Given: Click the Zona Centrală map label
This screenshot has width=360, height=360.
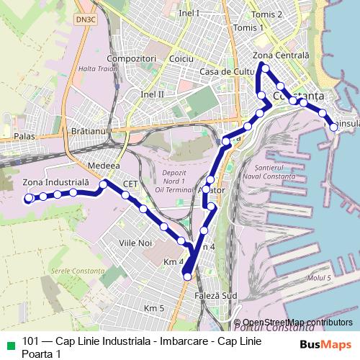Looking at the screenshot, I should (281, 55).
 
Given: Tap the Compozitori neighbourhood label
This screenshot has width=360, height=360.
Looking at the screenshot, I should (130, 58).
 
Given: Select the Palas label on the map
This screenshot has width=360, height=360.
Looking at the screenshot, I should (24, 135).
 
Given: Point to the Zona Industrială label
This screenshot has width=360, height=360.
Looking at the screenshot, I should (55, 182).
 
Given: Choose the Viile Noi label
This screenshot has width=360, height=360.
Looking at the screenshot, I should (137, 244).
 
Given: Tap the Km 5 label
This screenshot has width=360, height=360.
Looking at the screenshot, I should (155, 308).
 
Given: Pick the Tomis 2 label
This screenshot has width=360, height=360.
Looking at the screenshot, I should (268, 14).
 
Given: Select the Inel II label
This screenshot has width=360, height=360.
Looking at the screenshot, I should (153, 94).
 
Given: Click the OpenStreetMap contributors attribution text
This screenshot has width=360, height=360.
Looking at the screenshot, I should (297, 322).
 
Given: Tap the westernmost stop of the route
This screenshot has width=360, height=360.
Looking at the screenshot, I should (28, 198).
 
